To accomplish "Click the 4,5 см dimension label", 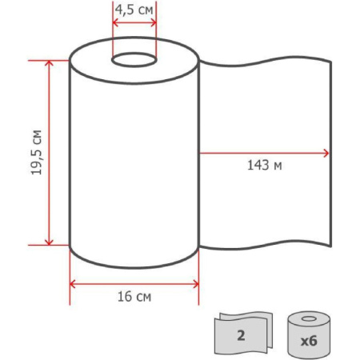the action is [134, 10].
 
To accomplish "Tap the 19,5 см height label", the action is [36, 152].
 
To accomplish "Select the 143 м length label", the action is [265, 165].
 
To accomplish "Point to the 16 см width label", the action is [134, 297].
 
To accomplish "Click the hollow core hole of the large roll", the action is [134, 60].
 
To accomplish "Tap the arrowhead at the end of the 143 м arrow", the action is [326, 154].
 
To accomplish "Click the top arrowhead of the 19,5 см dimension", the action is [49, 63].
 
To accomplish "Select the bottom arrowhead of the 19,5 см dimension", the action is [49, 242].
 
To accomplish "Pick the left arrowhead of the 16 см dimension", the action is [73, 284].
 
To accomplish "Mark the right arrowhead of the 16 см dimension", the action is [196, 284].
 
